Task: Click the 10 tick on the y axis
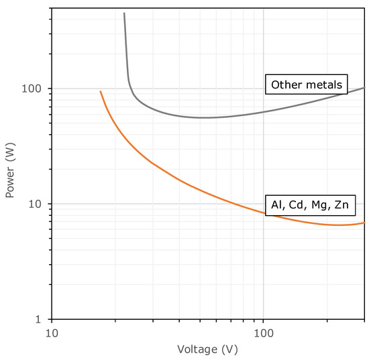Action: pos(39,204)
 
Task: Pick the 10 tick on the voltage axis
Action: pos(52,332)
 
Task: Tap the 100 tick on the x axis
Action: pos(264,332)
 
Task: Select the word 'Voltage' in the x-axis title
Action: pos(197,349)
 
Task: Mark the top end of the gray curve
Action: pos(124,13)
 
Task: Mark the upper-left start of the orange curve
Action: pos(101,91)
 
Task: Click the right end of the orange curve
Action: pos(364,223)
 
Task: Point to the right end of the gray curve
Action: pos(364,88)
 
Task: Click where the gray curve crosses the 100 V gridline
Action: pos(264,111)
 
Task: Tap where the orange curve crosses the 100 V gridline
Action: pos(264,213)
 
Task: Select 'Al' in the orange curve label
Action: pos(276,204)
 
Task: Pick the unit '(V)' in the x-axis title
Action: pos(229,349)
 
